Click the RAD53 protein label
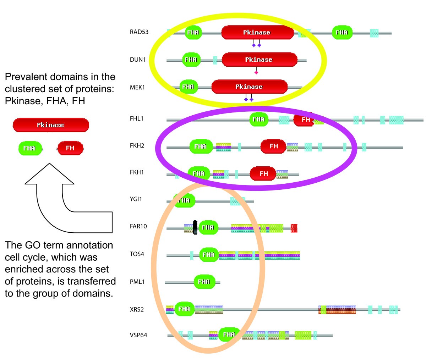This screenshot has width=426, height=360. pyautogui.click(x=139, y=32)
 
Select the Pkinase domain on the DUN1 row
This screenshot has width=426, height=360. pyautogui.click(x=259, y=60)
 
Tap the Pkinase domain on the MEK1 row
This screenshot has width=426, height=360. pyautogui.click(x=249, y=87)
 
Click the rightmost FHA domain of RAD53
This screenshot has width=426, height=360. pyautogui.click(x=342, y=32)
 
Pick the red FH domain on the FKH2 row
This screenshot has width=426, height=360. pyautogui.click(x=273, y=146)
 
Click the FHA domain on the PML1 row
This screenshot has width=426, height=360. pyautogui.click(x=204, y=282)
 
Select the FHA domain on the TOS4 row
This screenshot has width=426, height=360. pyautogui.click(x=208, y=254)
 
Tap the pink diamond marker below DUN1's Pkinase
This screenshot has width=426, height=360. pyautogui.click(x=256, y=72)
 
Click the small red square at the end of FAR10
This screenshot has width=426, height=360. pyautogui.click(x=294, y=228)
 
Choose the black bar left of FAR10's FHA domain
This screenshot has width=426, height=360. pyautogui.click(x=195, y=227)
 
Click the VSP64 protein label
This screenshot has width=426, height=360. pyautogui.click(x=138, y=335)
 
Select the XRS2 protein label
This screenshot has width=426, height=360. pyautogui.click(x=137, y=310)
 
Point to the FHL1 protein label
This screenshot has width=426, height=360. pyautogui.click(x=137, y=118)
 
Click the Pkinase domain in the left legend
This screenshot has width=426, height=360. pyautogui.click(x=51, y=125)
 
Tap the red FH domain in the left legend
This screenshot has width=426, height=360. pyautogui.click(x=70, y=148)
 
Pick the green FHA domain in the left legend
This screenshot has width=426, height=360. pyautogui.click(x=30, y=148)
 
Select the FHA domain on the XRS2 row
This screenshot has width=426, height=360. pyautogui.click(x=185, y=309)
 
